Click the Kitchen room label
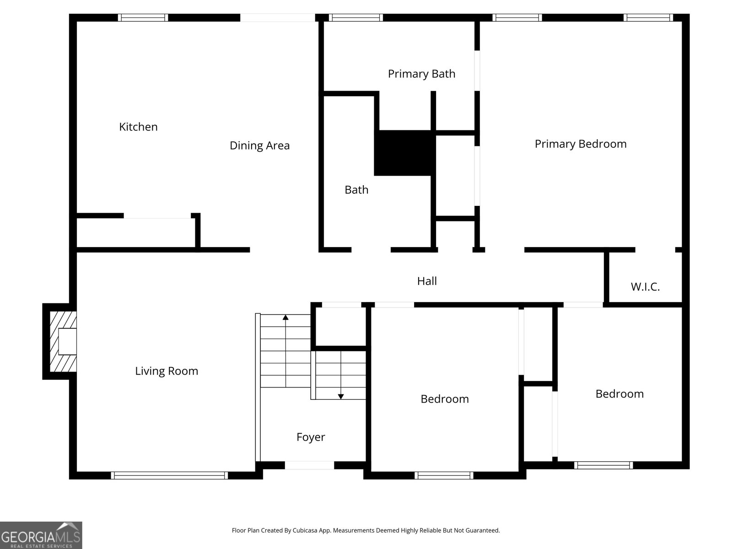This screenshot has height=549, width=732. [x=138, y=127]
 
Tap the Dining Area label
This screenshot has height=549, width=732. [x=259, y=145]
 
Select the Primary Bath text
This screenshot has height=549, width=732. [x=421, y=74]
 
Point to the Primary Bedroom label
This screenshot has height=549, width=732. [x=581, y=144]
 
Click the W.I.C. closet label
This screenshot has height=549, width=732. [x=645, y=287]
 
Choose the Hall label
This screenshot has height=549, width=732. [x=427, y=281]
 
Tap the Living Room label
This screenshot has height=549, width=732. [x=167, y=371]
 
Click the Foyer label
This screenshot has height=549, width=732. [x=311, y=437]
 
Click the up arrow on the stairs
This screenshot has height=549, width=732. [x=285, y=317]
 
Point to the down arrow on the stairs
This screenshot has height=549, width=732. [x=341, y=396]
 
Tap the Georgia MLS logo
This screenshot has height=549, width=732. [x=41, y=535]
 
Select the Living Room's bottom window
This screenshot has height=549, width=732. [x=169, y=475]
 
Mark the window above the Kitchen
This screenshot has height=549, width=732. [x=143, y=18]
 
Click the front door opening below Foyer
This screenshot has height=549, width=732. [x=309, y=465]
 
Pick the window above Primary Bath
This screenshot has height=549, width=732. [x=355, y=18]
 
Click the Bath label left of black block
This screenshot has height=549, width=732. [x=356, y=189]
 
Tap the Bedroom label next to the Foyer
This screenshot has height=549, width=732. [x=445, y=399]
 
